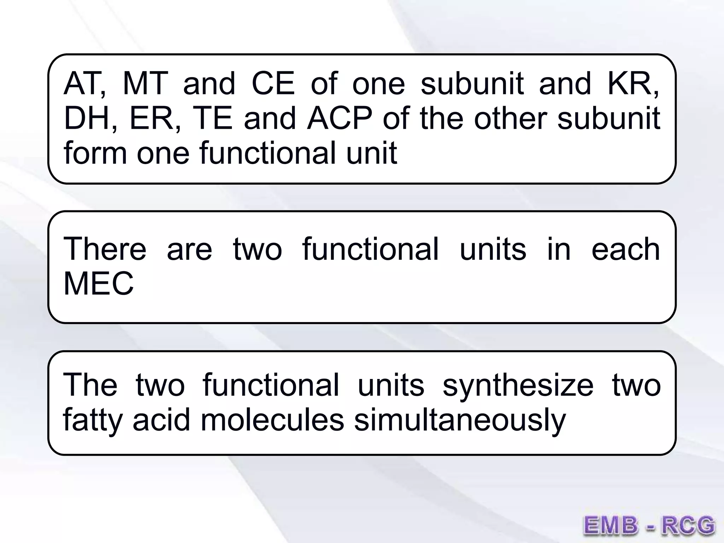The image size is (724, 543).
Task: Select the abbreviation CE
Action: pyautogui.click(x=273, y=84)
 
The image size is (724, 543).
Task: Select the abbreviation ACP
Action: pyautogui.click(x=339, y=118)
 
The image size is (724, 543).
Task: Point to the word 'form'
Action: pyautogui.click(x=95, y=153)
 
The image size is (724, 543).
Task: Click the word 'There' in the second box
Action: pyautogui.click(x=105, y=249)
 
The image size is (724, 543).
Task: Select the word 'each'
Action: pyautogui.click(x=625, y=249)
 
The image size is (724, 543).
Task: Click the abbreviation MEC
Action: pyautogui.click(x=99, y=284)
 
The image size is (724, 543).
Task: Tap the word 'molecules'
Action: pyautogui.click(x=272, y=420)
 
